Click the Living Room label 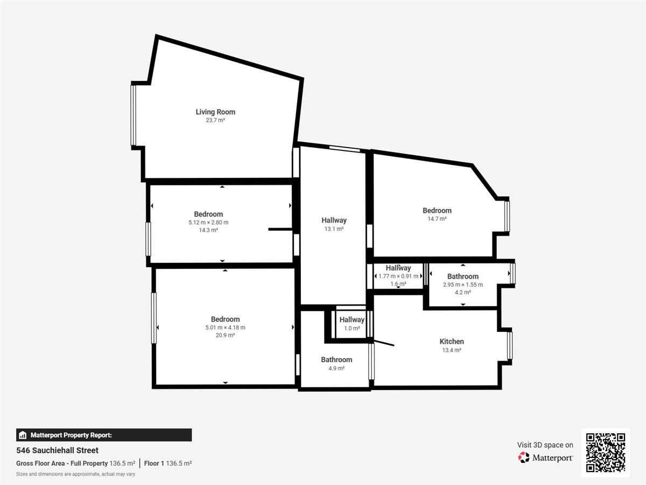[215, 112]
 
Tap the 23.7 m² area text [215, 120]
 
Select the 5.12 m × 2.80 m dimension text [208, 223]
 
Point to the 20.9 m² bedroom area [225, 335]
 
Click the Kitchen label [452, 342]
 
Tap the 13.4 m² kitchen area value [452, 350]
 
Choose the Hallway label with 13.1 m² [334, 220]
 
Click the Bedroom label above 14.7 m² [437, 211]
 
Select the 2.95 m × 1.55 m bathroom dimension [463, 285]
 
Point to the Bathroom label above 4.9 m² [336, 359]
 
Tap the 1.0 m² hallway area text [352, 328]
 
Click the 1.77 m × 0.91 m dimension [398, 276]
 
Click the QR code [606, 452]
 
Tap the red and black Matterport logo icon [524, 458]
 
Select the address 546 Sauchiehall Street [58, 451]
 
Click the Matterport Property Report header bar [104, 435]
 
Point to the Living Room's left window [134, 115]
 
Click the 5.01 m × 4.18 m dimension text [225, 328]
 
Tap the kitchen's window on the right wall [510, 346]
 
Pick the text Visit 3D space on [545, 445]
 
